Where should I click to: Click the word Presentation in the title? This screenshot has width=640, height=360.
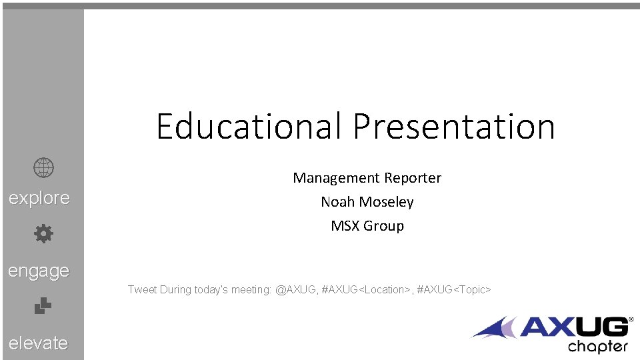[454, 126]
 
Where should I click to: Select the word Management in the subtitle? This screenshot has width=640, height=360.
[336, 178]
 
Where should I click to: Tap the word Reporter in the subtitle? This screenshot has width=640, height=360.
[412, 178]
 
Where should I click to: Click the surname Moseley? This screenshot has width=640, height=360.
[387, 202]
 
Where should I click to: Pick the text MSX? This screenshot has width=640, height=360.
[345, 226]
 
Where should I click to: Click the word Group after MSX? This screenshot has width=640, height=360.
[383, 226]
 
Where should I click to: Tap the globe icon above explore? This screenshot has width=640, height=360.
[43, 168]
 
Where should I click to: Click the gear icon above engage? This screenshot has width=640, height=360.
[43, 234]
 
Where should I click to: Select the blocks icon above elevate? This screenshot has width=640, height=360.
[43, 306]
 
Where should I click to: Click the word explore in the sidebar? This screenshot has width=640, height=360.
[39, 198]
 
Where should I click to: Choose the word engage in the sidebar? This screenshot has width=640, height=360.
[39, 271]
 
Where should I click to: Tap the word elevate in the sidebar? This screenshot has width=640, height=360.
[39, 343]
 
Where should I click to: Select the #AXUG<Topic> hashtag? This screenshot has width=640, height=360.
[453, 290]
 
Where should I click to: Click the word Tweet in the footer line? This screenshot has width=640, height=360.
[142, 290]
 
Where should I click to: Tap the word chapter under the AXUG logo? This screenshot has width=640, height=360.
[598, 347]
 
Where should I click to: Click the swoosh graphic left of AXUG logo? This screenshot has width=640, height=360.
[495, 328]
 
